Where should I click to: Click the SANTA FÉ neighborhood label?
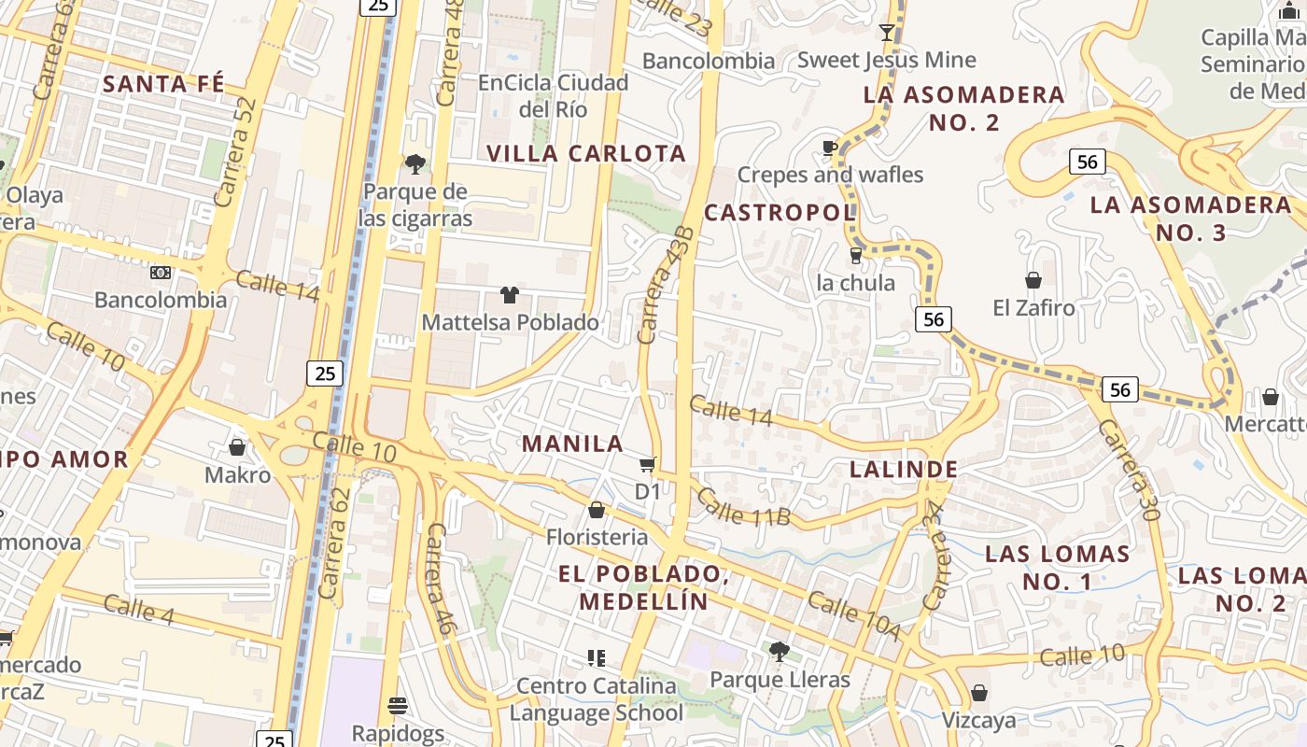[163, 84]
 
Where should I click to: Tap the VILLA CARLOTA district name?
[586, 153]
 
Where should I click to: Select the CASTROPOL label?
[780, 213]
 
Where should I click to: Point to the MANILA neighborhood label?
[572, 444]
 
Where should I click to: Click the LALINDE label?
[904, 469]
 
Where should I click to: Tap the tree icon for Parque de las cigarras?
[415, 165]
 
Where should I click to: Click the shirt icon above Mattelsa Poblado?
[509, 296]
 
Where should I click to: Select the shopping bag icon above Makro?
[237, 448]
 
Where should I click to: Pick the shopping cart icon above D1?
[647, 464]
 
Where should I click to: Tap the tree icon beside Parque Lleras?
[780, 651]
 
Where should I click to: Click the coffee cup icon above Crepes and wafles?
[829, 148]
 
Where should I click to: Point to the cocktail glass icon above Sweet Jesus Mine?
[887, 34]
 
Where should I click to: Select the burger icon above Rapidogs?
[399, 705]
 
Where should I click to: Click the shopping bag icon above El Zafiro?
[1033, 280]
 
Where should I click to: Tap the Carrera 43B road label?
[666, 284]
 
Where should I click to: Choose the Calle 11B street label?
[743, 507]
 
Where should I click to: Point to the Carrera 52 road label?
[234, 152]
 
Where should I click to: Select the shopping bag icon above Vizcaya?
[978, 693]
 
